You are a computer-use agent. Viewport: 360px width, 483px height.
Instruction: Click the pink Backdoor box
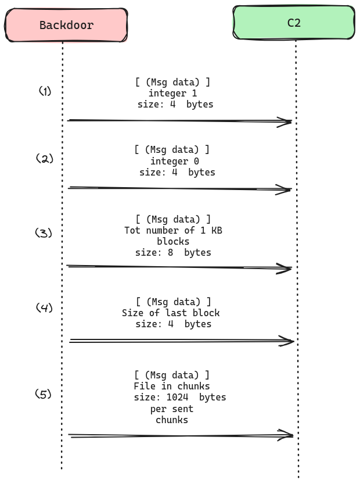pos(66,25)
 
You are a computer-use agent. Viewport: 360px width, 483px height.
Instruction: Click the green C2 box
pos(294,23)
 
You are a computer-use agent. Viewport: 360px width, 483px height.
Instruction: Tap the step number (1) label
pos(45,91)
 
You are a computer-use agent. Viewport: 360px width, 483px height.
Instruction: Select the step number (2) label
pos(45,158)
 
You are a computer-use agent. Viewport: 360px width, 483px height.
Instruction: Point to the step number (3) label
pos(44,233)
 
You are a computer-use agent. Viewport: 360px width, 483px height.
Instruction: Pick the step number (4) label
pos(44,307)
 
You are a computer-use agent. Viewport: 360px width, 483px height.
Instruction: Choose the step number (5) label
pos(44,394)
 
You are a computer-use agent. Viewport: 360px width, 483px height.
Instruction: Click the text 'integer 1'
pos(172,94)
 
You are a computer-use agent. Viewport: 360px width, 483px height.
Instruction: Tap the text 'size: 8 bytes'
pos(173,253)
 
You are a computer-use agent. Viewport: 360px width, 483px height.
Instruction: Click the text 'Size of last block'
pos(171,313)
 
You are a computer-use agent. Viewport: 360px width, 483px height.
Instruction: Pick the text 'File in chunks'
pos(172,386)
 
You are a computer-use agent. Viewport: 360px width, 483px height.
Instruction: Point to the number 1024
pos(178,398)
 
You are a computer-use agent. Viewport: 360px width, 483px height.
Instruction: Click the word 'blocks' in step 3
pos(173,241)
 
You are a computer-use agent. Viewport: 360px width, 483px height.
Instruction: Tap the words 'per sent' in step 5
pos(172,409)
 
